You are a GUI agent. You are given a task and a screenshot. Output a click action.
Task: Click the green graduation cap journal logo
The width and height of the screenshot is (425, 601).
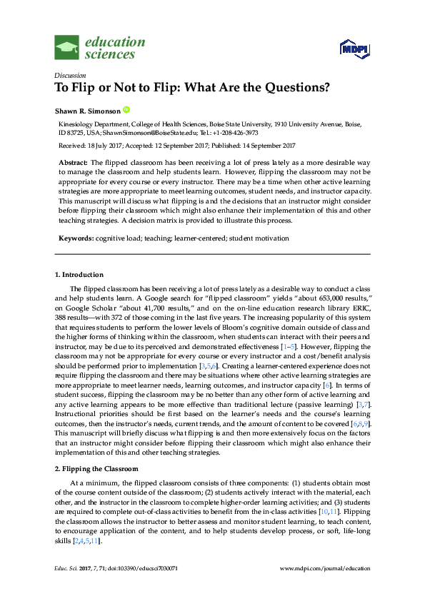(x=67, y=47)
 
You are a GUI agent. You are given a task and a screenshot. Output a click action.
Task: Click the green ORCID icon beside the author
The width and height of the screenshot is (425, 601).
(x=127, y=110)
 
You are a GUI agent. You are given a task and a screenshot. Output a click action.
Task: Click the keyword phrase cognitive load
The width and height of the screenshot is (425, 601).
(x=119, y=236)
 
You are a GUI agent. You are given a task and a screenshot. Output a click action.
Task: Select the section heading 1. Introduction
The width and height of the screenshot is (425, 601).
(x=79, y=275)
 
